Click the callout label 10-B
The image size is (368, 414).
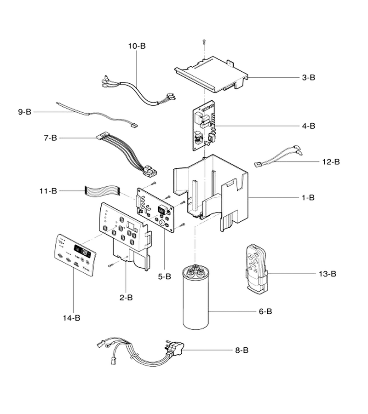pos(137,46)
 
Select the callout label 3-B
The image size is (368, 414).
pos(308,77)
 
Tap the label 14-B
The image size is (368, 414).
pos(71,317)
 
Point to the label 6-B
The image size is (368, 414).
pos(265,311)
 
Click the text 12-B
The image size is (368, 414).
pos(331,161)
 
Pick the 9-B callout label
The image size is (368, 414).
pos(24,112)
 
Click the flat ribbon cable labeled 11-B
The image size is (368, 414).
pos(102,190)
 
